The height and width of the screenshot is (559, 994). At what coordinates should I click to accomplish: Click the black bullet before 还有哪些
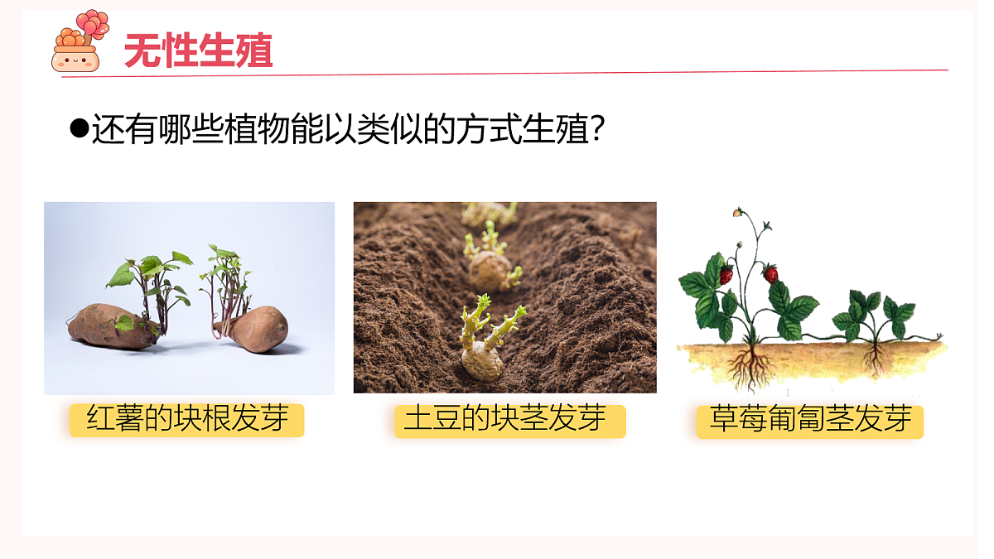pos(80,128)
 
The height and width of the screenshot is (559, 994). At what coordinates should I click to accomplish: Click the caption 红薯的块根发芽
pos(186,420)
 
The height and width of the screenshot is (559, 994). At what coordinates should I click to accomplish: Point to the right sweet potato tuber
pos(258,329)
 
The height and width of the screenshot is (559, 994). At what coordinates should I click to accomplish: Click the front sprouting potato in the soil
pos(481,362)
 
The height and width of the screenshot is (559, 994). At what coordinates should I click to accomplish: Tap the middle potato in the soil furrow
pos(490,269)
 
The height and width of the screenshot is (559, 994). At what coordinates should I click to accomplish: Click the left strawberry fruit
pos(726,275)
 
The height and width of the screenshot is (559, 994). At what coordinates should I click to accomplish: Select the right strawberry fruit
pos(771,273)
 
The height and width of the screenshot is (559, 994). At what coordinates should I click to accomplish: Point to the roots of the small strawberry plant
pos(873,360)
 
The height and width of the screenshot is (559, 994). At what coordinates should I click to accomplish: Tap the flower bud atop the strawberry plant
pos(737,213)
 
